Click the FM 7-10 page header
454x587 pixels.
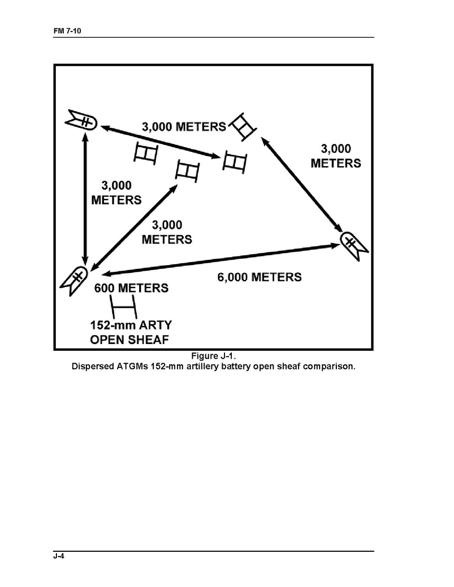pyautogui.click(x=67, y=31)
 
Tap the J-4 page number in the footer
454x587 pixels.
pyautogui.click(x=59, y=556)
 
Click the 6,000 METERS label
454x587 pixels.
pyautogui.click(x=259, y=277)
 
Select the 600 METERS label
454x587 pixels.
pyautogui.click(x=131, y=288)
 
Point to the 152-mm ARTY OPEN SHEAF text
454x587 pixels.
pyautogui.click(x=131, y=332)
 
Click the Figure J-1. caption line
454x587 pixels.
pyautogui.click(x=213, y=356)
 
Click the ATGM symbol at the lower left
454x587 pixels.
pyautogui.click(x=74, y=280)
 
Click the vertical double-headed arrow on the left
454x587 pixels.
pyautogui.click(x=85, y=198)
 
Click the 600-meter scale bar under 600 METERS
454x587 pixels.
pyautogui.click(x=123, y=307)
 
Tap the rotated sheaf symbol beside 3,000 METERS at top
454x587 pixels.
pyautogui.click(x=243, y=126)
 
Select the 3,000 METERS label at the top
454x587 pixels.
pyautogui.click(x=184, y=126)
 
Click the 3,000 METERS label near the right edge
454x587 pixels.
pyautogui.click(x=336, y=156)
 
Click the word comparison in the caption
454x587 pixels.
pyautogui.click(x=329, y=367)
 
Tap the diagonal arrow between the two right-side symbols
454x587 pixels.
pyautogui.click(x=302, y=185)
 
